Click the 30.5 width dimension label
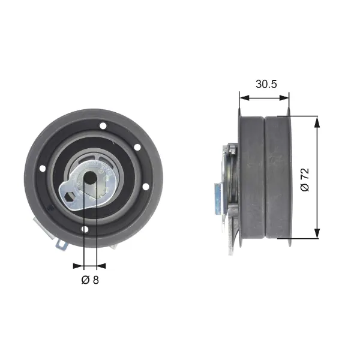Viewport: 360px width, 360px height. pos(266,84)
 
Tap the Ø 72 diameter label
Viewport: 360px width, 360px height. pos(305,180)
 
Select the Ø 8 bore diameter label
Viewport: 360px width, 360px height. pos(90,280)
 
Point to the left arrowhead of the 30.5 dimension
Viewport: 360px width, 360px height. pos(244,98)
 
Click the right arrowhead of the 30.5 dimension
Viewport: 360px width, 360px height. pos(284,98)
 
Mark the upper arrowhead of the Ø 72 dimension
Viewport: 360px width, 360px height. pos(317,121)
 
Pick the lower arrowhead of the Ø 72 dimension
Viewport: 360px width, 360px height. pos(317,233)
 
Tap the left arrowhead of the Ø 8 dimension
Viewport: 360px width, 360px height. pos(78,266)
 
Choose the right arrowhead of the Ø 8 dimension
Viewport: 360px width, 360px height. pos(101,266)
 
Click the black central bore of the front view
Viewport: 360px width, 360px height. pos(90,178)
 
